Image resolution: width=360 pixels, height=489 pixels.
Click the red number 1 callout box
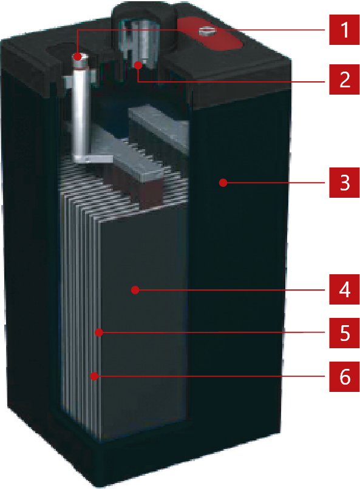pos(344,30)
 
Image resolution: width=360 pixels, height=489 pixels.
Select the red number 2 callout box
pos(344,79)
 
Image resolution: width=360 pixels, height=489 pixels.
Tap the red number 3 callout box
pos(344,183)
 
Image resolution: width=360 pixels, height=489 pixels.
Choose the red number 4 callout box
pos(344,289)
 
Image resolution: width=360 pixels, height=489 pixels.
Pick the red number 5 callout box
pos(344,333)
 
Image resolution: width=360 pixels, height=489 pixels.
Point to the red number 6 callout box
pos(344,377)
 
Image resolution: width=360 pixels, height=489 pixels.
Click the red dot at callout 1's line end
pos(77,57)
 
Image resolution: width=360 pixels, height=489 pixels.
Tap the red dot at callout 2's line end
pos(138,65)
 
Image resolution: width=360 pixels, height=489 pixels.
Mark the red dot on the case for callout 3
pos(223,183)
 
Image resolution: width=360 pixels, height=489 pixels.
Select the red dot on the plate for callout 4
pos(135,290)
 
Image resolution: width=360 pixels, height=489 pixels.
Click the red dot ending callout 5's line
pos(99,332)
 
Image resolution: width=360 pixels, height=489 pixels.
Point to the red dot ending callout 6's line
pos(94,376)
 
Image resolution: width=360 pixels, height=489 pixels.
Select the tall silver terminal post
pos(80,106)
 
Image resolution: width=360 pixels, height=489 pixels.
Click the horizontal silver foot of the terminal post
pos(93,158)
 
